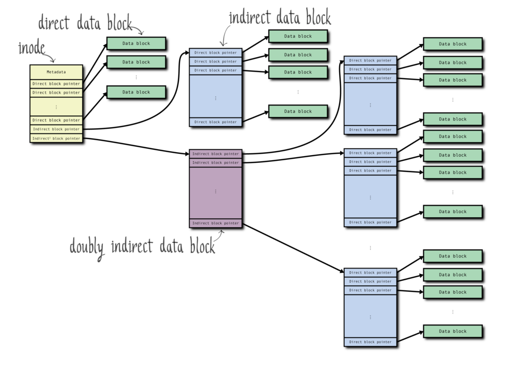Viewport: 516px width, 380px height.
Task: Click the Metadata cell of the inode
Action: coord(56,72)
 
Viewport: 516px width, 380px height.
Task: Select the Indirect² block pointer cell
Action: coord(56,138)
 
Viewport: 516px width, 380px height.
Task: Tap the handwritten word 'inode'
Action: coord(31,48)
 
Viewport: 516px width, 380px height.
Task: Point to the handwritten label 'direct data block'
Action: coord(85,23)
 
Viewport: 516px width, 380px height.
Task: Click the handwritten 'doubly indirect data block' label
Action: coord(142,246)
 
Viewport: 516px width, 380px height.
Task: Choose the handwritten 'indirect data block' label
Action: coord(280,18)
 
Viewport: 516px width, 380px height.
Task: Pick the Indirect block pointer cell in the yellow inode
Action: coord(56,129)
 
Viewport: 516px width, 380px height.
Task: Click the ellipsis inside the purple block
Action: coord(215,192)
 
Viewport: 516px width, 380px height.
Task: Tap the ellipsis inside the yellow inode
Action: coord(56,107)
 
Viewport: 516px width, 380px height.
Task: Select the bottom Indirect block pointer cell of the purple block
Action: coord(215,223)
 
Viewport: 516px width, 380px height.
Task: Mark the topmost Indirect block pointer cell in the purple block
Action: coord(215,153)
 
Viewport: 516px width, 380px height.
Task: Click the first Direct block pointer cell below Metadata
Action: coord(56,84)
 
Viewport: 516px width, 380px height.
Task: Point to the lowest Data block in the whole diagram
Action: coord(453,331)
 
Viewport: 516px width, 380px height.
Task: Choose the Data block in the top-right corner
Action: coord(453,44)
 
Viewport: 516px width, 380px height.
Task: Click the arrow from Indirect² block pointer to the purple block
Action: coord(136,145)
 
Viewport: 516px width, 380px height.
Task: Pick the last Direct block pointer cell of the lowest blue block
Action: coord(370,342)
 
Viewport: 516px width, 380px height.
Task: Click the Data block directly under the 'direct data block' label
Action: coord(136,43)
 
